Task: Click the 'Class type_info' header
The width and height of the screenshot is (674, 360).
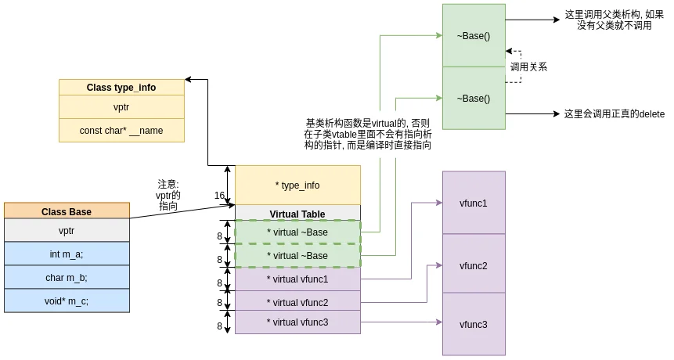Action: point(121,87)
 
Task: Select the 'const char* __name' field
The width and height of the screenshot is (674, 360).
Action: point(121,130)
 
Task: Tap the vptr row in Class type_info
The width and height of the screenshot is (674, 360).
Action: point(121,107)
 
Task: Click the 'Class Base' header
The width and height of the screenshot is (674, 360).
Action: point(67,211)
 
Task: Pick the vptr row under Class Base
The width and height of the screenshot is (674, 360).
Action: point(67,230)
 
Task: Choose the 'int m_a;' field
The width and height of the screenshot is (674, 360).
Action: point(67,254)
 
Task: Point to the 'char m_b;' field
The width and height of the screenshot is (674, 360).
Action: point(67,278)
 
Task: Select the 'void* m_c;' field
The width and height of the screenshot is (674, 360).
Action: point(67,301)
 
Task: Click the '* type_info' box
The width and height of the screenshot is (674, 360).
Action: point(297,185)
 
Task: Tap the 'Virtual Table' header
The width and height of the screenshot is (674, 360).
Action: point(297,213)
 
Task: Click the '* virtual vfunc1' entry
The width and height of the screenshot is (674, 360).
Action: point(297,279)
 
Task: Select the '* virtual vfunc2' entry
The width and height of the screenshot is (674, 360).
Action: point(297,302)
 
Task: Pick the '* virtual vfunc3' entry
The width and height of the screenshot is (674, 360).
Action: point(297,322)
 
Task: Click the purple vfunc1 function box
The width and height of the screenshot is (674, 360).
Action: point(474,203)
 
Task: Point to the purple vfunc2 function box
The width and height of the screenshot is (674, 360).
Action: point(474,265)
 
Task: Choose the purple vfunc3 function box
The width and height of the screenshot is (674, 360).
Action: point(474,324)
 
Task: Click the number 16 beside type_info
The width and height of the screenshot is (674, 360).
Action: point(220,195)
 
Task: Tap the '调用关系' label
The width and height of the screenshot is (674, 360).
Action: point(528,67)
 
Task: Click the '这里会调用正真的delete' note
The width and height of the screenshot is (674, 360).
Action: point(615,113)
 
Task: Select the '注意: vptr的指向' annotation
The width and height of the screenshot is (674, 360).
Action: point(168,195)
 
